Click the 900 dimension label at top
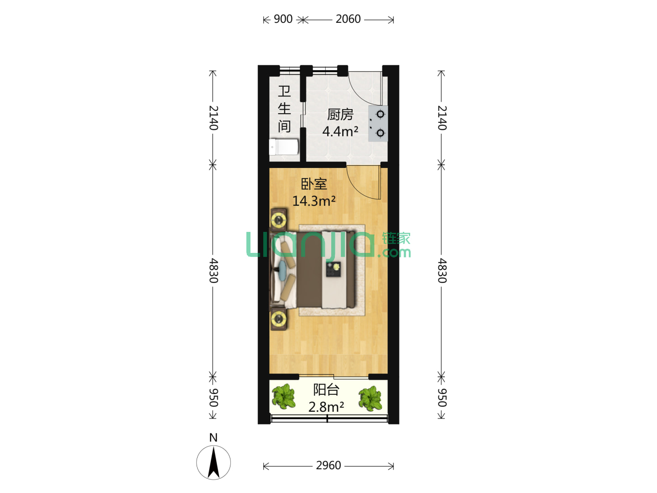(283, 19)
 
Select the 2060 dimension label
(348, 19)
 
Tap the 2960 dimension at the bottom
(328, 466)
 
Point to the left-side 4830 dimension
(214, 271)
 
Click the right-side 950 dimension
(442, 398)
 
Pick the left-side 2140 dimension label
(214, 118)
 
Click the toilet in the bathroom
(284, 147)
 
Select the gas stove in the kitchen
(378, 123)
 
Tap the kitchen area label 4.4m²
(340, 131)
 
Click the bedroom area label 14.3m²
(314, 201)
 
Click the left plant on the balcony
(283, 396)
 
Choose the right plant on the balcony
(370, 398)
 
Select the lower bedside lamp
(279, 319)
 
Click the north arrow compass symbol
(214, 462)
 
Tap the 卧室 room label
(314, 184)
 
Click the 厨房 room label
(340, 114)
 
